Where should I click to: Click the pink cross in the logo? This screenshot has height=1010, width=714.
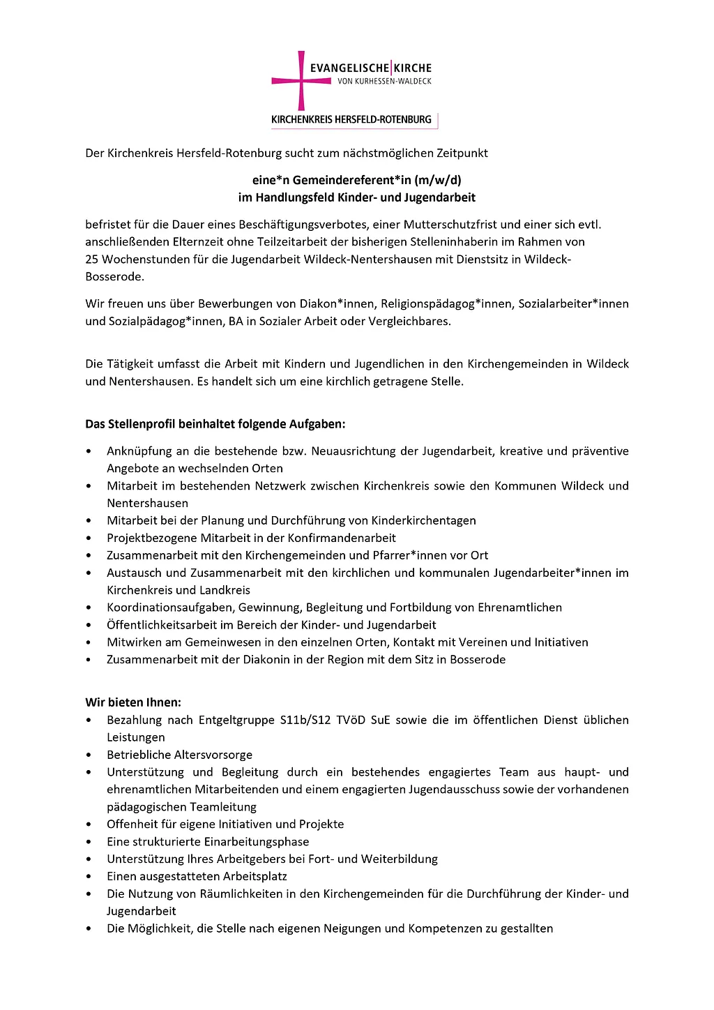point(301,80)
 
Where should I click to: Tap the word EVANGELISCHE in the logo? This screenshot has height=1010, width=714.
point(349,68)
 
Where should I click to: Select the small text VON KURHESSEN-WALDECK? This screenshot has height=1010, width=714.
point(384,82)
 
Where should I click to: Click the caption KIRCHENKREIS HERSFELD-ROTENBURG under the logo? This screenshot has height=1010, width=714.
point(351,120)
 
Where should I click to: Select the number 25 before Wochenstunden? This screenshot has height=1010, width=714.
point(92,259)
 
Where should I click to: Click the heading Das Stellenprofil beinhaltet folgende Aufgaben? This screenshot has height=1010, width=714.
point(215,424)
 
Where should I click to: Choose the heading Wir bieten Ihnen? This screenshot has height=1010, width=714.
point(133,702)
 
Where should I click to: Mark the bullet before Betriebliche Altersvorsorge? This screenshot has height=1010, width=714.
point(89,755)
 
